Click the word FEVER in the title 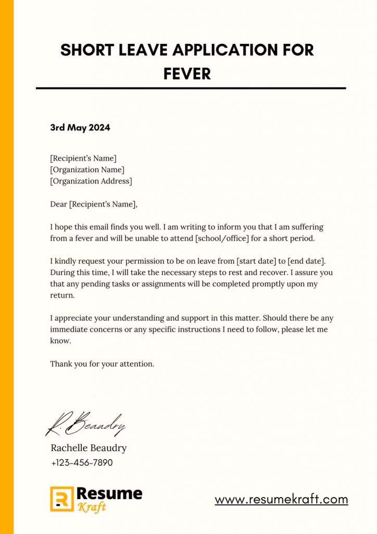click(187, 74)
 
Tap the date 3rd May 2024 click(80, 127)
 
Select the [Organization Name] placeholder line click(87, 169)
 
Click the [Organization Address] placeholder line click(91, 181)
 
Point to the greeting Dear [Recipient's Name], click(94, 204)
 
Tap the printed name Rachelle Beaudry click(89, 448)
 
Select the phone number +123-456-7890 click(82, 463)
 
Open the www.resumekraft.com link click(281, 499)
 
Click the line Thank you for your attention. click(102, 364)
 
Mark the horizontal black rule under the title click(191, 88)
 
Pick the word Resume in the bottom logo click(109, 493)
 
